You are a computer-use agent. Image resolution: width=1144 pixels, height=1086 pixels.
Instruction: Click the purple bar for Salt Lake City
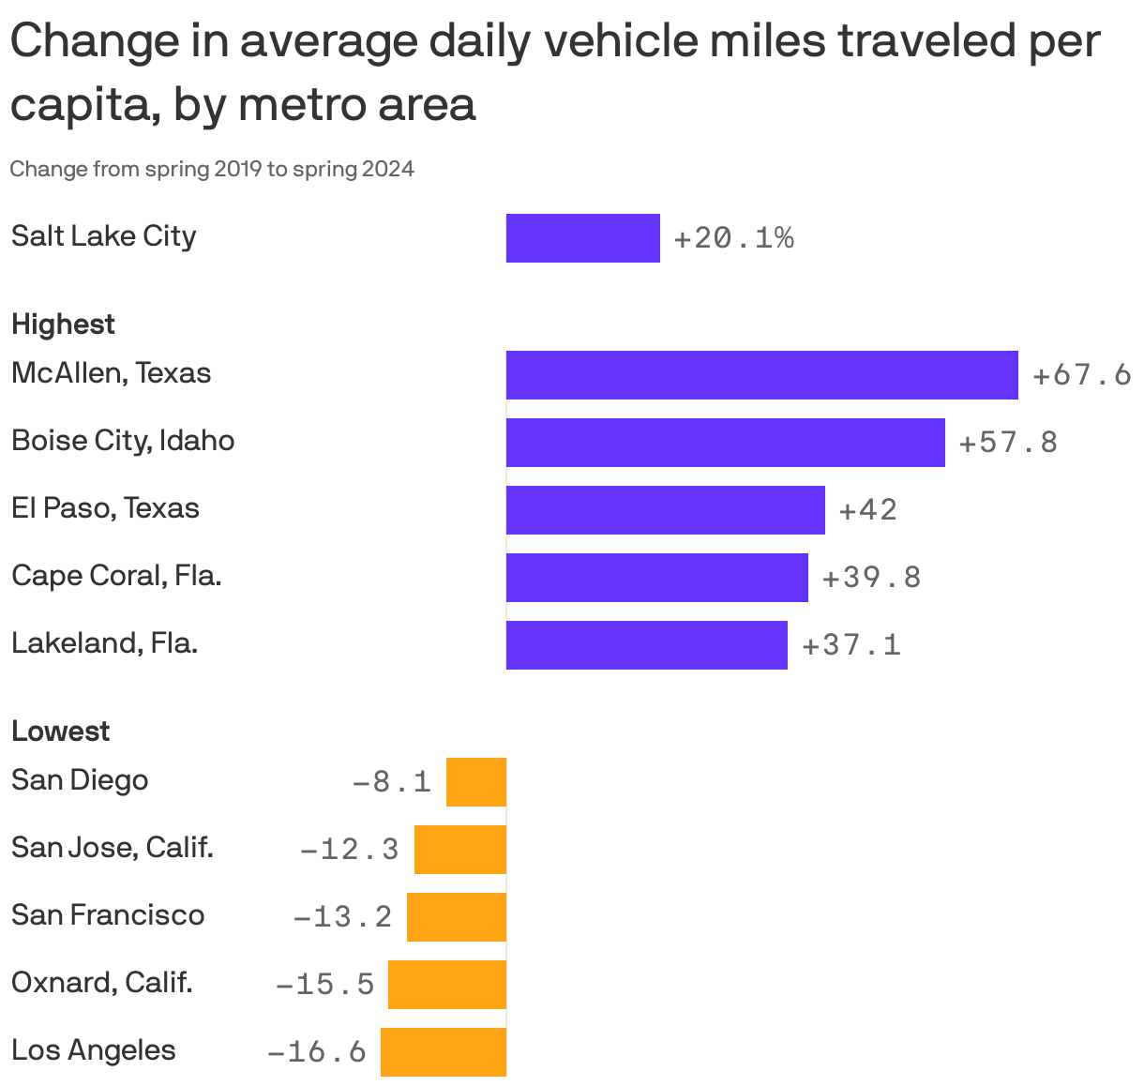582,238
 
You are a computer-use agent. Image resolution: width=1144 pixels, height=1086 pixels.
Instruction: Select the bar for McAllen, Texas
761,375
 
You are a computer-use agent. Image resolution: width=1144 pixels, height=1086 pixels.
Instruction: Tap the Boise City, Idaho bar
725,443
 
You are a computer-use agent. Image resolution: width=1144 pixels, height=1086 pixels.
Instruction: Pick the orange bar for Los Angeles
444,1052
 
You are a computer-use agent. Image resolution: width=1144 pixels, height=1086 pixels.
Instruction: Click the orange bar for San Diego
476,782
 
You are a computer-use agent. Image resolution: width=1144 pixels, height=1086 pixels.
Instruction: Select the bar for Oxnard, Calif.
447,985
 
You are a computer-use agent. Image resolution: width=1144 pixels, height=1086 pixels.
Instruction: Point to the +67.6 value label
1081,376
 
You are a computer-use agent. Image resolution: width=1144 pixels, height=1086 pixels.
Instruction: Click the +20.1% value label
733,239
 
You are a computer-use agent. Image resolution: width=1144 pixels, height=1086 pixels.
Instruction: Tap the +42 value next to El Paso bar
867,510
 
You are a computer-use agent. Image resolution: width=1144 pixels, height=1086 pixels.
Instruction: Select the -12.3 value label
349,850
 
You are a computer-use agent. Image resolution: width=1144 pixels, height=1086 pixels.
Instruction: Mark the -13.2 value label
342,917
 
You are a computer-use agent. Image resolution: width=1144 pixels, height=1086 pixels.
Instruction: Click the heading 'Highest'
63,324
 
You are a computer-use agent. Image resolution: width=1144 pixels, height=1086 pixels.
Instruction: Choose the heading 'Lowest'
60,732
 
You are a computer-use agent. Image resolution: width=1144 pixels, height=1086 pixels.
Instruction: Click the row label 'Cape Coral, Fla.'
116,576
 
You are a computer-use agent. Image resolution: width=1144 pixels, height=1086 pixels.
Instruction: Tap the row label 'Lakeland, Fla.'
104,643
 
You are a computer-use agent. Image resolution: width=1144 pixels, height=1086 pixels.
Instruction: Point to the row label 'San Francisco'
108,915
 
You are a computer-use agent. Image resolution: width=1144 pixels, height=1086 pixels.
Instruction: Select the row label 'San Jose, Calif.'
113,848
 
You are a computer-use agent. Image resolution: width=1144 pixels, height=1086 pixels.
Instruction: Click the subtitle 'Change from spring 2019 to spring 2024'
212,170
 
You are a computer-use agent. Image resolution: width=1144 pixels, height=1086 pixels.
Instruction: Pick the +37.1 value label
850,645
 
